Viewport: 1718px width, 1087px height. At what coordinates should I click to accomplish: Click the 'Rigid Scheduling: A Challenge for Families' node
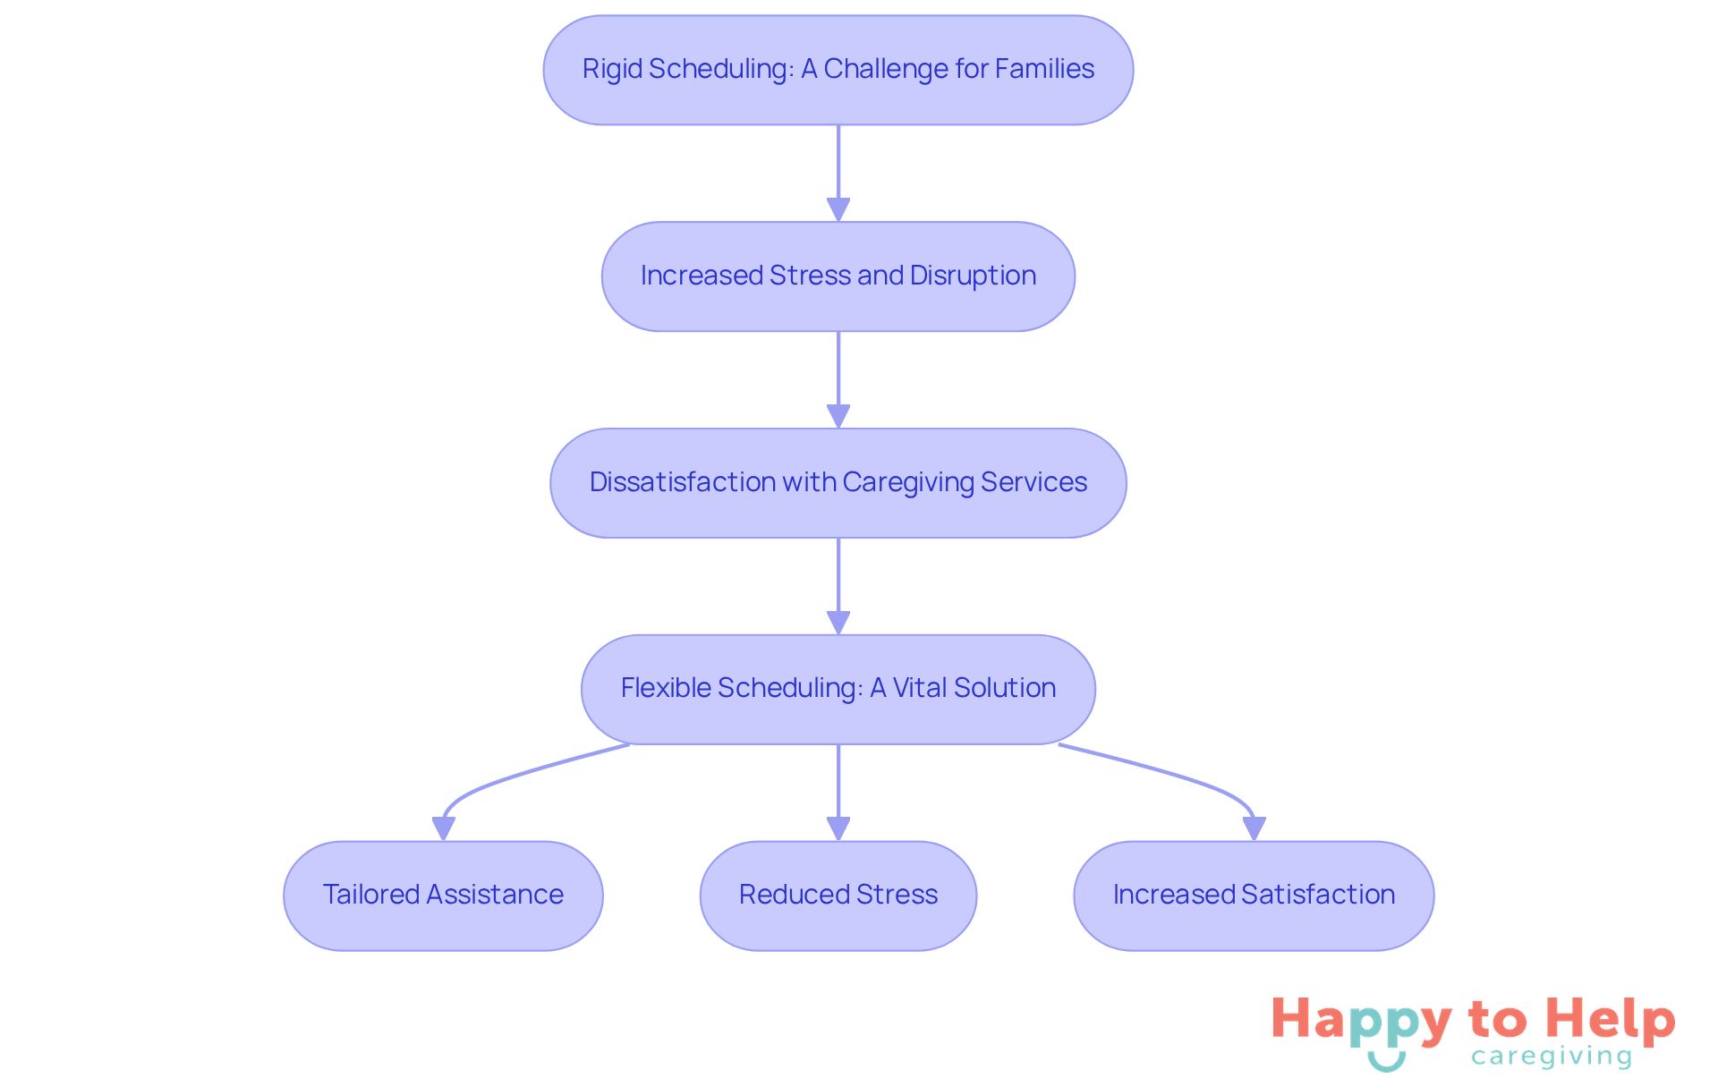click(838, 70)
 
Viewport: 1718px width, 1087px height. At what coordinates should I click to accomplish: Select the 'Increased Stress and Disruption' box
click(838, 276)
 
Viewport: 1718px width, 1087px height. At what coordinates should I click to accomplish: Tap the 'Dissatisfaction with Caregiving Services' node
click(838, 483)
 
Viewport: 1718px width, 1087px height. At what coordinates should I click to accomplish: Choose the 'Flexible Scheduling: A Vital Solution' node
click(838, 689)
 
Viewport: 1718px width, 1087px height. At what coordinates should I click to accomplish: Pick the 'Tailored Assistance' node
click(443, 896)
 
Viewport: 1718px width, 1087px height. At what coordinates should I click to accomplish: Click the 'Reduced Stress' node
click(838, 896)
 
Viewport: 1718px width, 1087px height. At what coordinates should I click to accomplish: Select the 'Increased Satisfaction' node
click(1254, 896)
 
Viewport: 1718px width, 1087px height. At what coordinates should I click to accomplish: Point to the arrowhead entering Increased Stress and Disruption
click(838, 210)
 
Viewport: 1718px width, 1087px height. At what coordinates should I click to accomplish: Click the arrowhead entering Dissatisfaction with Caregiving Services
click(838, 417)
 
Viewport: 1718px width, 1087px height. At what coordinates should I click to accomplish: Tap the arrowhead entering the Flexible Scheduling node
click(838, 624)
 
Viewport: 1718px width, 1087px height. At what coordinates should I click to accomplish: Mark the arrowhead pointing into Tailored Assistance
click(443, 829)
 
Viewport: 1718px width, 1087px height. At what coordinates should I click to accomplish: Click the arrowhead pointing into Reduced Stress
click(838, 829)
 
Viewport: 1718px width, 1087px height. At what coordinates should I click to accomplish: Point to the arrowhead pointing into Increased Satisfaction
click(1254, 829)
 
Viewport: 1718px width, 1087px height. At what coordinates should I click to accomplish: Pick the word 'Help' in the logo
click(1610, 1019)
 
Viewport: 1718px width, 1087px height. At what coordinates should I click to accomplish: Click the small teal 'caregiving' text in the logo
click(1551, 1057)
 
